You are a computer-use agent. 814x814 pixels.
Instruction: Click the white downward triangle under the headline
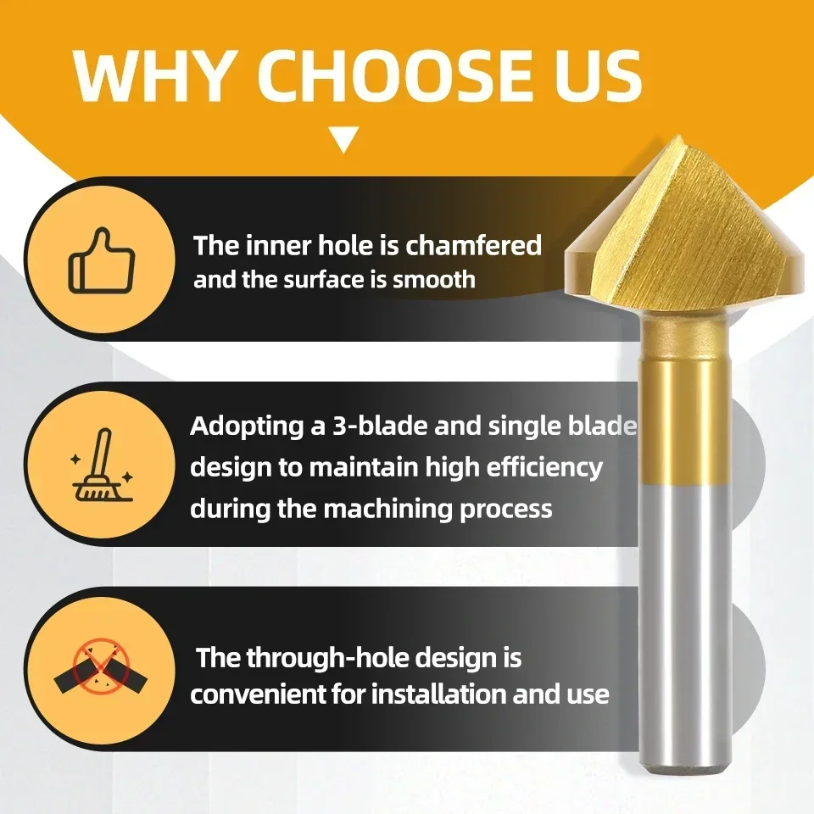click(x=343, y=140)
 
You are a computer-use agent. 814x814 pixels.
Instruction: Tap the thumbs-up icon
click(x=102, y=259)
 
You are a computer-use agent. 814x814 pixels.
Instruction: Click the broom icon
click(x=102, y=466)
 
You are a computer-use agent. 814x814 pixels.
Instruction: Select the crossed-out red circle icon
click(x=101, y=667)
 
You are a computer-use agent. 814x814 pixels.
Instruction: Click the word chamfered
click(x=473, y=245)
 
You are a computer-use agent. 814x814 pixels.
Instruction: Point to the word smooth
click(x=434, y=279)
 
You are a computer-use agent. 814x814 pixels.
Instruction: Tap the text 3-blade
click(x=381, y=426)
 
